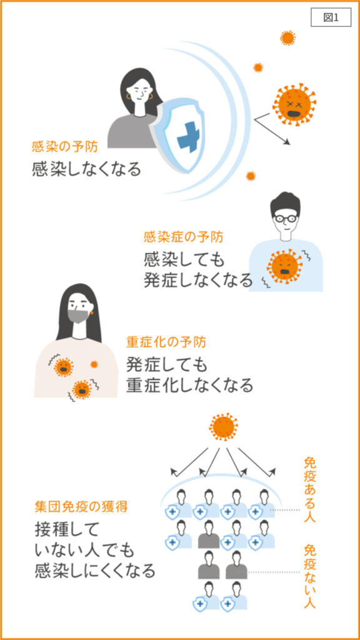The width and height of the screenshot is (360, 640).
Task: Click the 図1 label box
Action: (331, 17)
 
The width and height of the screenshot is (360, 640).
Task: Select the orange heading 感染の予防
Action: (65, 147)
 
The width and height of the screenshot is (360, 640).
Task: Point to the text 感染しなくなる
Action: (86, 169)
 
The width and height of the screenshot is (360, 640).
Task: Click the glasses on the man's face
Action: (285, 217)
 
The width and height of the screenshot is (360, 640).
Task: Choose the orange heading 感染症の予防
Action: (183, 237)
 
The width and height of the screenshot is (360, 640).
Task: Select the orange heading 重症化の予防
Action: (166, 342)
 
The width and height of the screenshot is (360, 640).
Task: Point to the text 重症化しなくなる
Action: (189, 385)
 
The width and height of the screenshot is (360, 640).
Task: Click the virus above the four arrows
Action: (223, 427)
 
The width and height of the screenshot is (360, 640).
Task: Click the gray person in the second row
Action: (209, 534)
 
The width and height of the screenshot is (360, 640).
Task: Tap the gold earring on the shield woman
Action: (129, 97)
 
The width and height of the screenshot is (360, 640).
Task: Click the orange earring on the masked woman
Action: (91, 312)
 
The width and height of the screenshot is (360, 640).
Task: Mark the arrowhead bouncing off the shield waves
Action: (287, 142)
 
